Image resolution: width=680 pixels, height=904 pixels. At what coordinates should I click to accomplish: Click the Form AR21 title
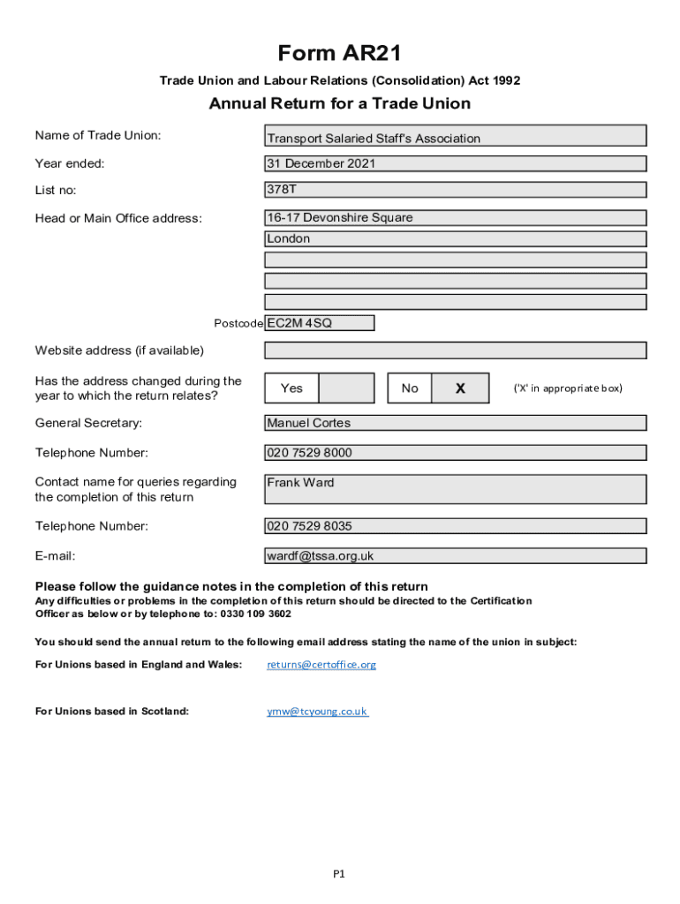pos(340,54)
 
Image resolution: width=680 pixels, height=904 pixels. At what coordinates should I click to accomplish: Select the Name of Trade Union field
pos(456,136)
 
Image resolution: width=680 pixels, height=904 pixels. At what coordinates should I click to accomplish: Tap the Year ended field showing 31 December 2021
pos(456,163)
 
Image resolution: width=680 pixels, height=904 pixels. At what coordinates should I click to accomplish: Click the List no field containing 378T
pos(456,190)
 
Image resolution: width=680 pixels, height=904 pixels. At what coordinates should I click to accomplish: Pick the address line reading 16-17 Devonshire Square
pos(456,217)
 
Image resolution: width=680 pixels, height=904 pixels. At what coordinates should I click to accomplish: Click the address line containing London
pos(456,238)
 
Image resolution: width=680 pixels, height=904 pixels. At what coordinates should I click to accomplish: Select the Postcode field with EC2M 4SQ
pos(319,323)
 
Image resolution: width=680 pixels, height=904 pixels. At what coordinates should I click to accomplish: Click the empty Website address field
pos(456,350)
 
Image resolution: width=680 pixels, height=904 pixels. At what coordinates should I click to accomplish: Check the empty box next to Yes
pos(345,388)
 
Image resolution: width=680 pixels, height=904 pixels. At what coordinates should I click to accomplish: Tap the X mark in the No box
pos(460,388)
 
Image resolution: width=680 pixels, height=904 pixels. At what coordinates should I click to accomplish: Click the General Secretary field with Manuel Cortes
pos(456,423)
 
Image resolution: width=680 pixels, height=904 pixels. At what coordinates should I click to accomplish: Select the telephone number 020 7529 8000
pos(456,453)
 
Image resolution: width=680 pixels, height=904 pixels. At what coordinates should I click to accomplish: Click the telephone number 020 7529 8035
pos(456,526)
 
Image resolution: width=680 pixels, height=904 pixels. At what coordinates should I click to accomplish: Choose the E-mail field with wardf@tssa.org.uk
pos(456,556)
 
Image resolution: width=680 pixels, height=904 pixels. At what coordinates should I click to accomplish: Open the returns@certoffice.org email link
pos(321,665)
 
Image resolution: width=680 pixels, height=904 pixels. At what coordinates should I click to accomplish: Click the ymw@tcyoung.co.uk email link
pos(317,712)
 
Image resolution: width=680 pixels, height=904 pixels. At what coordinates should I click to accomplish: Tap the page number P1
pos(339,874)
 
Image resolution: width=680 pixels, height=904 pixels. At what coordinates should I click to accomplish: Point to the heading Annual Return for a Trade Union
pos(340,104)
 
